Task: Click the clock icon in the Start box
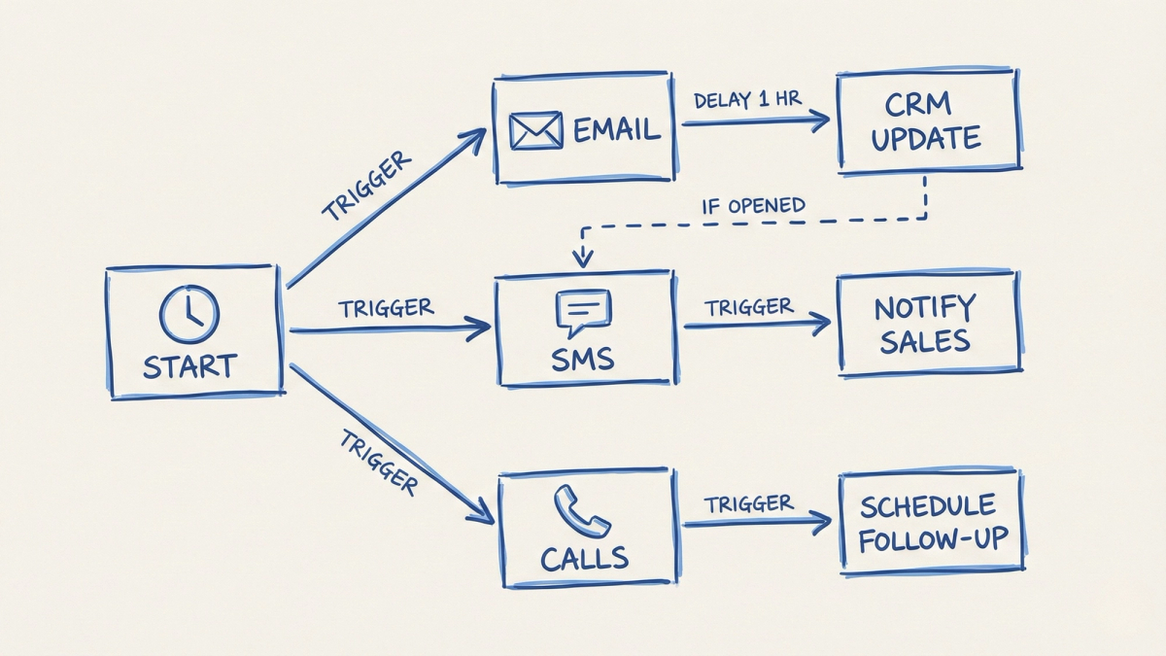coord(189,314)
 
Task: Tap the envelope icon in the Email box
coord(536,130)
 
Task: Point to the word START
coord(189,366)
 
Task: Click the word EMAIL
coord(617,130)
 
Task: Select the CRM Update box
coord(925,121)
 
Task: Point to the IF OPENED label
coord(754,205)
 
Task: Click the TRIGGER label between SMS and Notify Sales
coord(749,307)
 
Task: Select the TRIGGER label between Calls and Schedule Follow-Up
coord(749,503)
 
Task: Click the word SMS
coord(583,360)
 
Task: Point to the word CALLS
coord(584,559)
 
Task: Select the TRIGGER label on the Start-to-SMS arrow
coord(386,308)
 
